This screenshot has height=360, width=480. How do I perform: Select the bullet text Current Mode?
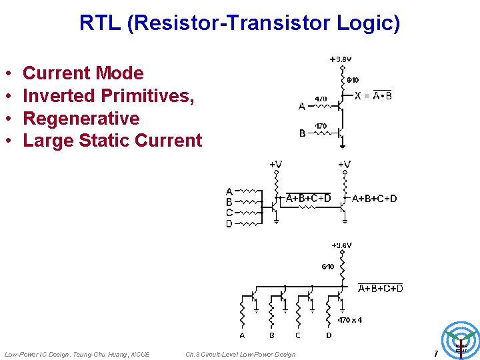(x=83, y=73)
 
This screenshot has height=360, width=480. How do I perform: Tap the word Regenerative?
(x=81, y=119)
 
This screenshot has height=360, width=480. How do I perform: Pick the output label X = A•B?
(x=373, y=95)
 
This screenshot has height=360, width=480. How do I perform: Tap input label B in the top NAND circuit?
(x=302, y=133)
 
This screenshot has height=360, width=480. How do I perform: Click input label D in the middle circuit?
(x=229, y=224)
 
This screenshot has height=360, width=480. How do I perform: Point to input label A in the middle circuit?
(x=229, y=191)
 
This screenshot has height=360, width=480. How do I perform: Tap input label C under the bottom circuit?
(x=297, y=335)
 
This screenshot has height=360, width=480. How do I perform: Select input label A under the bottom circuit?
(x=242, y=335)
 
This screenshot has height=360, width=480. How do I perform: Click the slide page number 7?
(x=435, y=353)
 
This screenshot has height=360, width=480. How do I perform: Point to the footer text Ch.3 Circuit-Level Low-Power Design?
(x=240, y=354)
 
